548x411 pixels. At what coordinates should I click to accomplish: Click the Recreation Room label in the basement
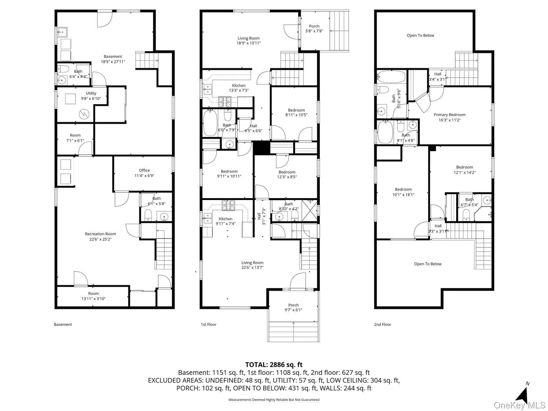tap(100, 236)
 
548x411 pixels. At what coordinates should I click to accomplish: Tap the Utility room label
tap(91, 96)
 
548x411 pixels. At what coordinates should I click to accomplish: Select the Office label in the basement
tap(144, 173)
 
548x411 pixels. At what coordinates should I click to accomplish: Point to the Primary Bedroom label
tap(449, 117)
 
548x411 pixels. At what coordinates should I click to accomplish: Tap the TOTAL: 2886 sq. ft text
tap(274, 364)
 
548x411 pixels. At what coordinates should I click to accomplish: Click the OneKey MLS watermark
tap(520, 405)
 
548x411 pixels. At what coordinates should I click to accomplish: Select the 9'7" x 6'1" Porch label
tap(293, 307)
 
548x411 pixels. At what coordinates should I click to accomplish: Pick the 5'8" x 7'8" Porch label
tap(314, 29)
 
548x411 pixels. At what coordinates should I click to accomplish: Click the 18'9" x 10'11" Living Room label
tap(249, 40)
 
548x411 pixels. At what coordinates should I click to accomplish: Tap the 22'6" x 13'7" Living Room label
tap(252, 265)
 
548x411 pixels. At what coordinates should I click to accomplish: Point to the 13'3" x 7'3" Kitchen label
tap(239, 88)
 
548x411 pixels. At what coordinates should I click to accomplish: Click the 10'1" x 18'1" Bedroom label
tap(403, 192)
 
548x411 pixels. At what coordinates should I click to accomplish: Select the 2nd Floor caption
tap(383, 324)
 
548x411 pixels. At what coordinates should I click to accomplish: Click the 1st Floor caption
tap(209, 324)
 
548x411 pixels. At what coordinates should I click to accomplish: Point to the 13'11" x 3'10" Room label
tap(93, 296)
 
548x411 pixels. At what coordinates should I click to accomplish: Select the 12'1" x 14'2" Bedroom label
tap(465, 170)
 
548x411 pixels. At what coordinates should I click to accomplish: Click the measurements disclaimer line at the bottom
tap(274, 400)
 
